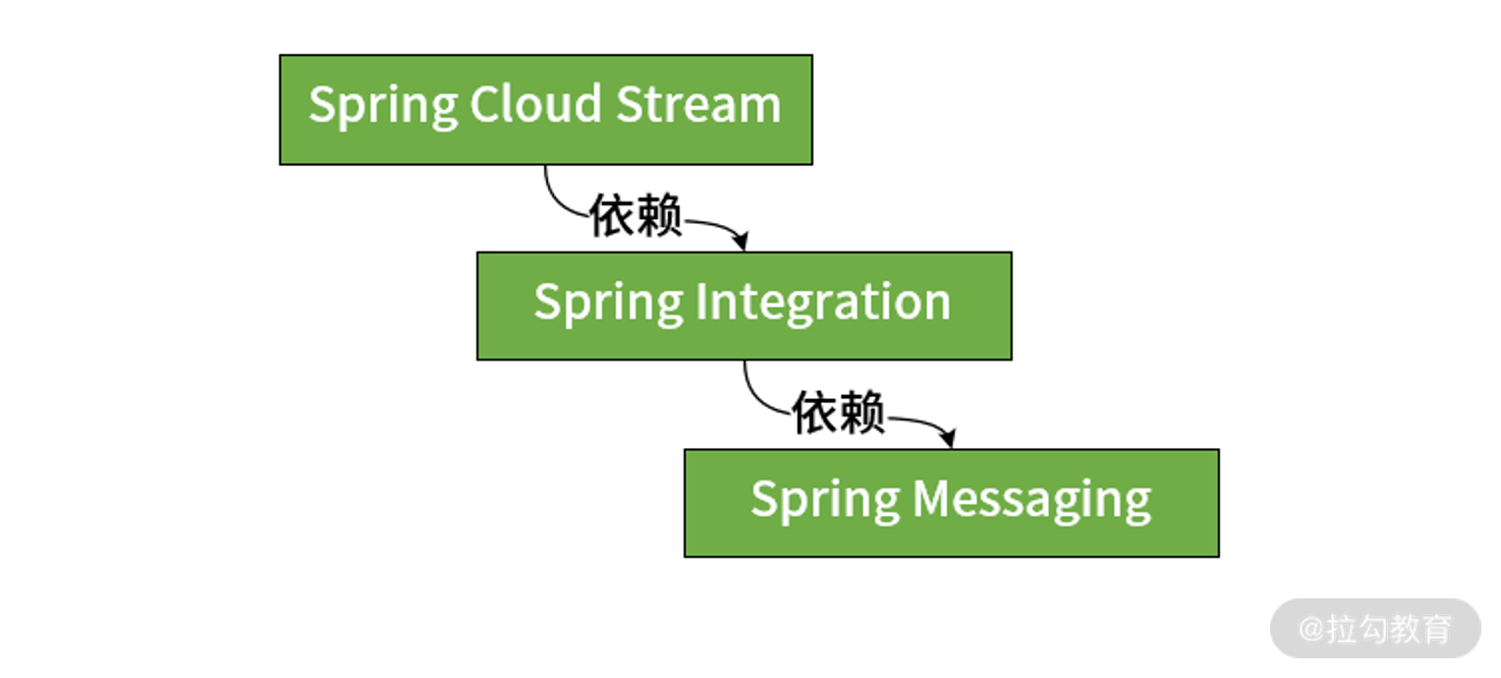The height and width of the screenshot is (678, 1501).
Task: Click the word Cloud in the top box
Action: pos(535,104)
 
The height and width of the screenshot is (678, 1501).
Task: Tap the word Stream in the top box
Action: pos(698,104)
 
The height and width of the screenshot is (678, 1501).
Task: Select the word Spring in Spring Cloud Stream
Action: pos(383,107)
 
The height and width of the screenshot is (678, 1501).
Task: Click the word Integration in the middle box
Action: pos(823,303)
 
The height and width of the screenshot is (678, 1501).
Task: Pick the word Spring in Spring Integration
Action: pos(608,305)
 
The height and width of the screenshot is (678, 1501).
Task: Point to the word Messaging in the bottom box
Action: pos(1031,500)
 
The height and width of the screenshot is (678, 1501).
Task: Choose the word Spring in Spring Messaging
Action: pos(825,501)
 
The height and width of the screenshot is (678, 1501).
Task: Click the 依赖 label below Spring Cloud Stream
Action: pos(636,215)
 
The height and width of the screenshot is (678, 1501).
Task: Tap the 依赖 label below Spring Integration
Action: pos(838,412)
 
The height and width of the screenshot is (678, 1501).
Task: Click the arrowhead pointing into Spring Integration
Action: pos(741,241)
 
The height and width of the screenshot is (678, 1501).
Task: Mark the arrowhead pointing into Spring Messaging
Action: pos(947,438)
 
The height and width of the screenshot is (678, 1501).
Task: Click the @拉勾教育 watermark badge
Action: pos(1375,629)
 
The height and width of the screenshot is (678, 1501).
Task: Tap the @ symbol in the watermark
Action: pos(1311,629)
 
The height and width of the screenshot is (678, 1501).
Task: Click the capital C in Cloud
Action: pos(484,104)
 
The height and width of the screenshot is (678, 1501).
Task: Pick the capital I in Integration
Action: pos(701,302)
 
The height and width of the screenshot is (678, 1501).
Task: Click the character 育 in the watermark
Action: pos(1437,629)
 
